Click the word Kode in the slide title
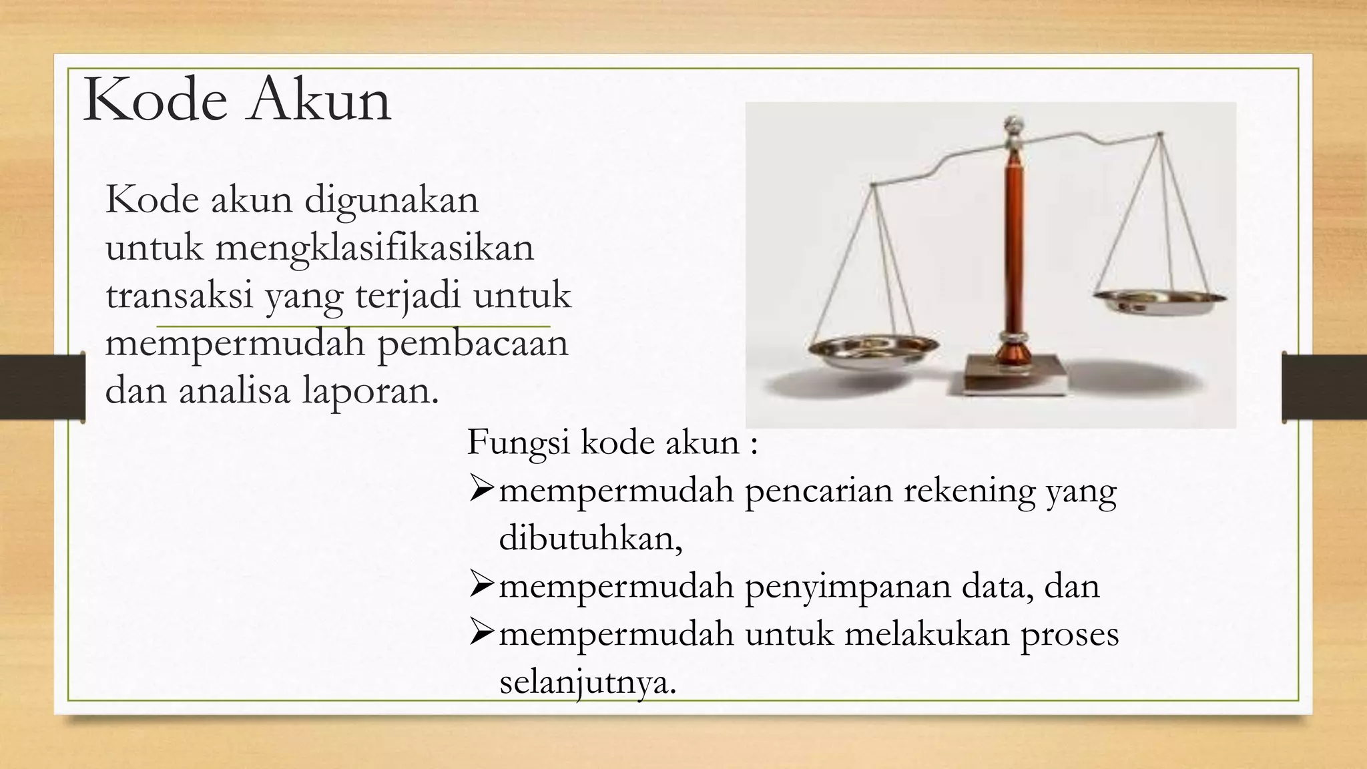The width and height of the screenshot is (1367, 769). tap(155, 100)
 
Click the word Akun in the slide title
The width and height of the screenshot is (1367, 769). tap(319, 100)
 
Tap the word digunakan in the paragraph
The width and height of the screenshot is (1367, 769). tap(392, 200)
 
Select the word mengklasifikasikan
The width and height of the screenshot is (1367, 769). tap(374, 248)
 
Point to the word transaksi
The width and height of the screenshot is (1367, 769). tap(180, 296)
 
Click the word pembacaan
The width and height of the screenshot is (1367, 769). tap(473, 343)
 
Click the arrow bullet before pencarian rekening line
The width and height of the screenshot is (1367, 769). tap(481, 491)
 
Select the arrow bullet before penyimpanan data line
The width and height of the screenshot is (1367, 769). tap(481, 585)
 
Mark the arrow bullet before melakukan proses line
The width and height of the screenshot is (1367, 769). tap(481, 633)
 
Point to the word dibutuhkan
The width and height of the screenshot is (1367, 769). tap(590, 538)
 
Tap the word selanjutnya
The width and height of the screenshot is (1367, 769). tap(587, 682)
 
